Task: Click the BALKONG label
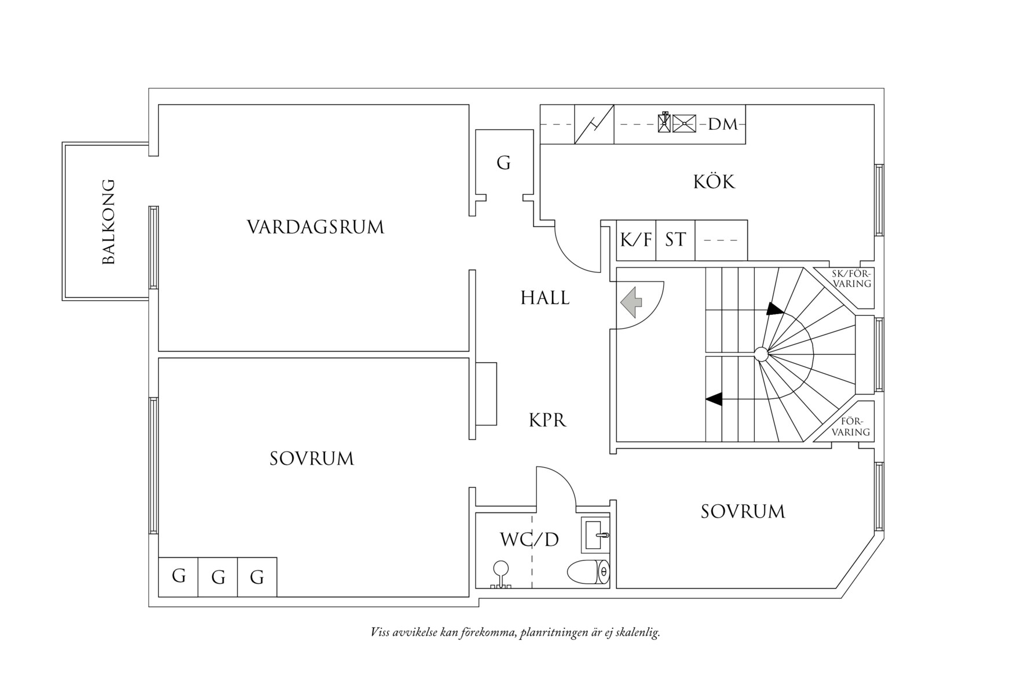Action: (108, 222)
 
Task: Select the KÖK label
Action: (714, 182)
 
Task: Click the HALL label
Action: (544, 298)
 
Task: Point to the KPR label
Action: (547, 420)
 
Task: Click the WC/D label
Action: (529, 540)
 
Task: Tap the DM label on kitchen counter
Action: (723, 124)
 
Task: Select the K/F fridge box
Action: (636, 240)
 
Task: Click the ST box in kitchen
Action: (675, 240)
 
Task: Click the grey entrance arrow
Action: (631, 302)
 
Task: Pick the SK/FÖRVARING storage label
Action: (851, 279)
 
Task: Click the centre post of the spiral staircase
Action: (761, 354)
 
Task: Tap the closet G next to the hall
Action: (503, 163)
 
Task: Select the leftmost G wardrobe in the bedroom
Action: (178, 576)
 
